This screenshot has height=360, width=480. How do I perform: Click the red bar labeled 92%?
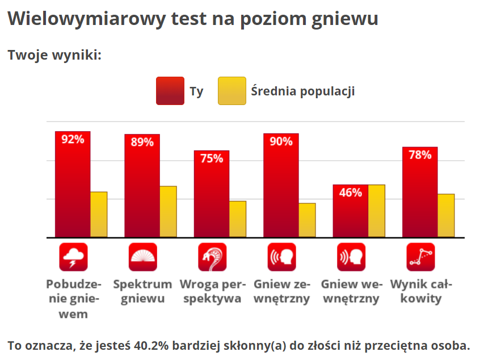tap(73, 185)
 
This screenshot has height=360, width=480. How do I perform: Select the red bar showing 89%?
tap(142, 186)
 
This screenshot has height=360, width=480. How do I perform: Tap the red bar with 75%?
tap(212, 194)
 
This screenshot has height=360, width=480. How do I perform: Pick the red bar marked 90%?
tap(281, 185)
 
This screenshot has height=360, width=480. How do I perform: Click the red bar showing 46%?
tap(350, 211)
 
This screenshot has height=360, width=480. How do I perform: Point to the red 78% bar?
tap(420, 192)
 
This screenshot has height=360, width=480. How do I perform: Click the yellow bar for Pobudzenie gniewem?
tap(99, 215)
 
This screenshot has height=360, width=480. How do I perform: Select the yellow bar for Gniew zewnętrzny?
tap(307, 220)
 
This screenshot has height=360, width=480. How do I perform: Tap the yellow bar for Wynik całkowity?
tap(446, 216)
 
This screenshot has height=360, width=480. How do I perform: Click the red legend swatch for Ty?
tap(170, 91)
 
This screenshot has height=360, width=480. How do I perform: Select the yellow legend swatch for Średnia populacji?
tap(231, 91)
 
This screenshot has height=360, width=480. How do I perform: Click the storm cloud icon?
tap(73, 257)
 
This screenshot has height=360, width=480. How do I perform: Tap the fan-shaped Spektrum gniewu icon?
tap(142, 257)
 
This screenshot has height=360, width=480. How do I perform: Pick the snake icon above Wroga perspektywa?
tap(212, 257)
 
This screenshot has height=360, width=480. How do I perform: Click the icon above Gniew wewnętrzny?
tap(351, 257)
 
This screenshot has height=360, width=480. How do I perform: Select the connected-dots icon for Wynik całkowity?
tap(420, 257)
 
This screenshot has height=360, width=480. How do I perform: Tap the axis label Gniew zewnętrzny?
tap(281, 291)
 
